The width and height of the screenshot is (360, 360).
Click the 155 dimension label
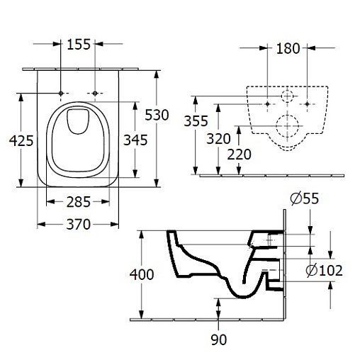click(x=79, y=45)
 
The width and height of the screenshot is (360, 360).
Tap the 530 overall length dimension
click(x=157, y=115)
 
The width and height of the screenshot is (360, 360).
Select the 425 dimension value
click(x=21, y=141)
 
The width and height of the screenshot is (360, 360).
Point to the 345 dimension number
click(x=135, y=140)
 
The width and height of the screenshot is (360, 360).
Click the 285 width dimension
click(x=79, y=202)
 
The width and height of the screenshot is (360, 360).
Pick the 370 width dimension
click(x=79, y=225)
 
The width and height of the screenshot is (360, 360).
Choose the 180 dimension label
click(x=288, y=49)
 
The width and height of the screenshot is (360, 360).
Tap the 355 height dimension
click(x=196, y=121)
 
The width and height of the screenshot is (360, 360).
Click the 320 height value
click(x=218, y=139)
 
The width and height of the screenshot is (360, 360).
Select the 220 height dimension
click(x=239, y=154)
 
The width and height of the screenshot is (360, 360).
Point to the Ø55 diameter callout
click(x=305, y=198)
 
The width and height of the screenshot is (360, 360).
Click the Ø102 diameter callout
click(x=324, y=271)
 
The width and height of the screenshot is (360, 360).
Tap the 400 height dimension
click(x=142, y=274)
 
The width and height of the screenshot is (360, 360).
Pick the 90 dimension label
click(x=219, y=339)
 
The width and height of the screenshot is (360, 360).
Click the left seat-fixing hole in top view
click(x=61, y=94)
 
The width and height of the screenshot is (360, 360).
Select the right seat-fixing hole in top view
click(x=95, y=94)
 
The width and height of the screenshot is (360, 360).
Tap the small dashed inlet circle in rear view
click(x=281, y=96)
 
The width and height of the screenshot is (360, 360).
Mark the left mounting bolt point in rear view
click(x=267, y=103)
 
